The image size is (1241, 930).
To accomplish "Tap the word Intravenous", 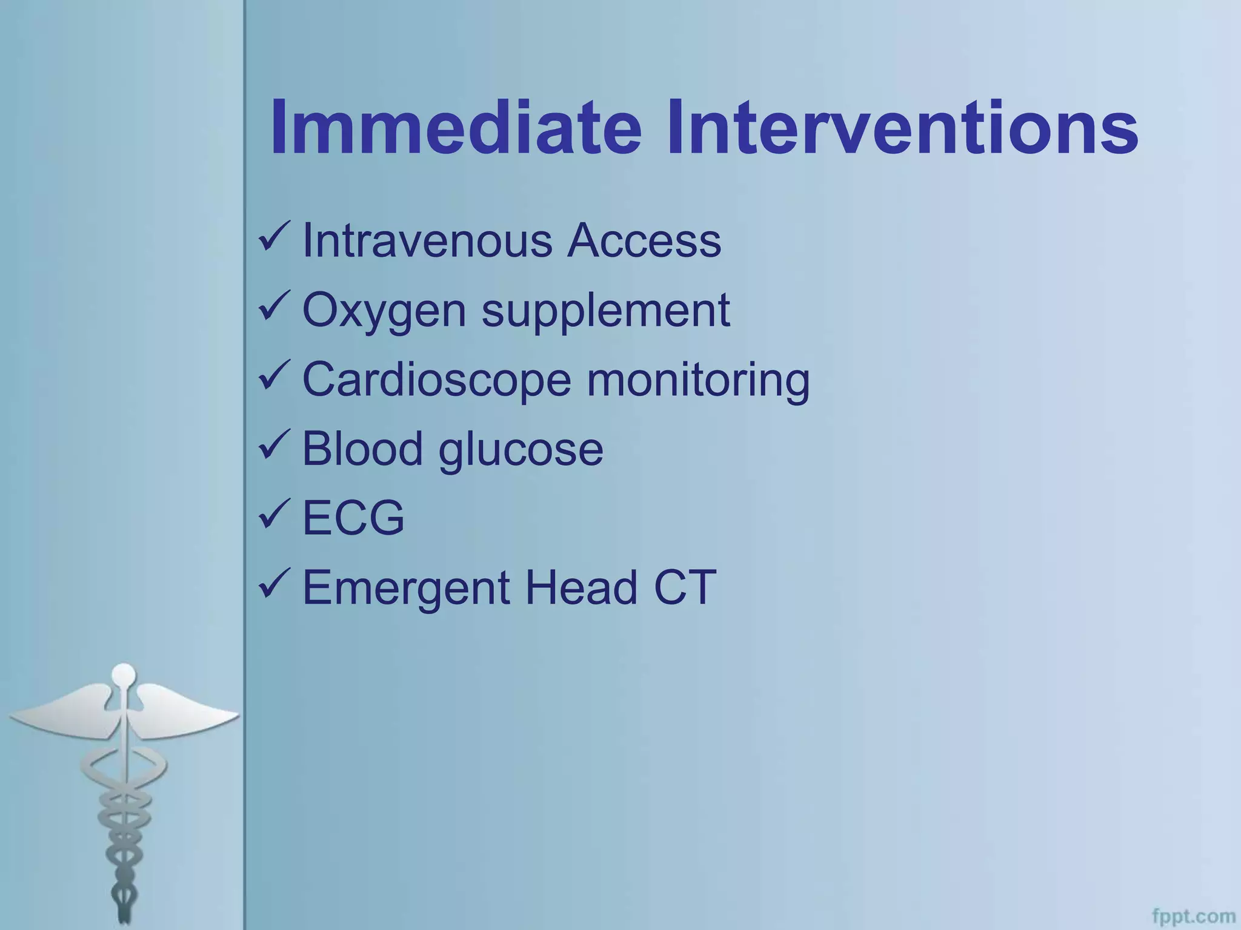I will [x=427, y=241].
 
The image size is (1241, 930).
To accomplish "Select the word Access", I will [x=644, y=241].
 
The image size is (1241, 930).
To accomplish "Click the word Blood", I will [x=362, y=449].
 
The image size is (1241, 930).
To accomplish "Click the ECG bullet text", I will [x=353, y=518].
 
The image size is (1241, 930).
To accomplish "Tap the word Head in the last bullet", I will [x=581, y=587].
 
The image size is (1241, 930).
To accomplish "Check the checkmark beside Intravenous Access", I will [x=274, y=237].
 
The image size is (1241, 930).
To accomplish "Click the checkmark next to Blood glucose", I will [x=274, y=445].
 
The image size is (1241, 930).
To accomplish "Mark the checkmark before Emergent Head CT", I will [x=274, y=584].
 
